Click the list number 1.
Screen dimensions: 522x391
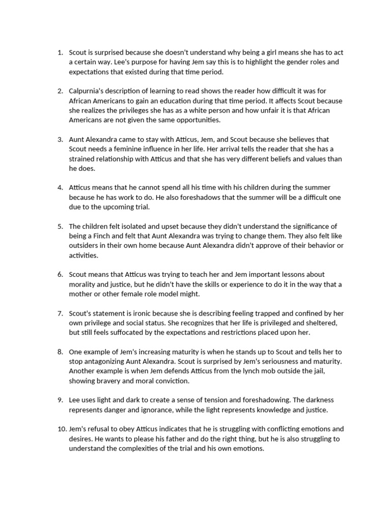pyautogui.click(x=60, y=53)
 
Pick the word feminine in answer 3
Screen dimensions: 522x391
pyautogui.click(x=138, y=149)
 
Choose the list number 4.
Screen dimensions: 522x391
pyautogui.click(x=60, y=188)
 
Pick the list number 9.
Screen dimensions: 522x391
pyautogui.click(x=60, y=400)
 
